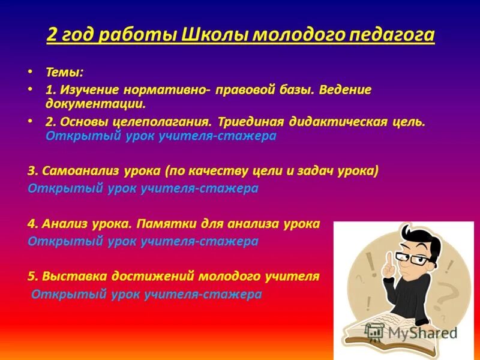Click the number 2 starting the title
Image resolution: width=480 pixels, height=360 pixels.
click(x=52, y=35)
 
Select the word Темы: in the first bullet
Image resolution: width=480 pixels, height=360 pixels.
click(x=65, y=72)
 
